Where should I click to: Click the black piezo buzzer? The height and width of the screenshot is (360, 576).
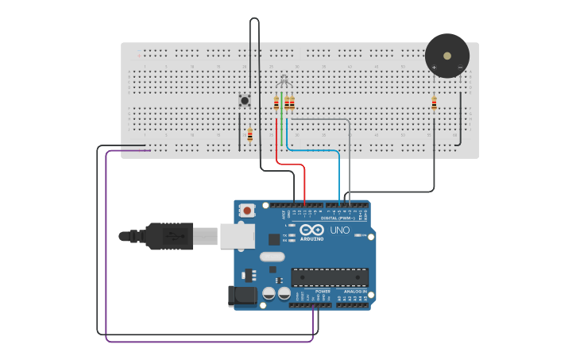[x=446, y=56]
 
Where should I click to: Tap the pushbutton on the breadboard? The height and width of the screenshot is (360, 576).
[x=245, y=100]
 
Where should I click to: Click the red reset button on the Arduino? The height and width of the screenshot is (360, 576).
[x=248, y=211]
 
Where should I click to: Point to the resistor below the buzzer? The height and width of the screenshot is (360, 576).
[x=434, y=103]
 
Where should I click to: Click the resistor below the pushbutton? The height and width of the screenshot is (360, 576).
[x=249, y=135]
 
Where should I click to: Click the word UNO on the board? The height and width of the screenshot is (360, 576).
[x=339, y=230]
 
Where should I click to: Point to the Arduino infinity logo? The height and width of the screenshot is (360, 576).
[x=311, y=230]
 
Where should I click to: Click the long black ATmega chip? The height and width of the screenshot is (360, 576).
[x=330, y=277]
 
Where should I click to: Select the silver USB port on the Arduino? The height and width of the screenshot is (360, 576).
[x=237, y=235]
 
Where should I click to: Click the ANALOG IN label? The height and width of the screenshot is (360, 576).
[x=354, y=292]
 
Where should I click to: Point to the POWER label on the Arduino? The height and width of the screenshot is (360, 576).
[x=323, y=292]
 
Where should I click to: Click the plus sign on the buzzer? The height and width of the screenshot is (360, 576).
[x=434, y=67]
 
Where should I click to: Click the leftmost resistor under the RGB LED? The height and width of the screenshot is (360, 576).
[x=276, y=103]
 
